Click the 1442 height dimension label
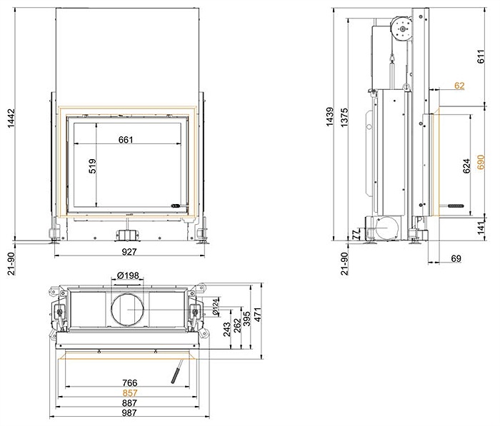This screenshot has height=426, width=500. (11, 118)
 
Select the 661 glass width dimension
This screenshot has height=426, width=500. (125, 140)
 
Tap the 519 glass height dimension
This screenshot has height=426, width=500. (92, 166)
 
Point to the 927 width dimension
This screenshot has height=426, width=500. (129, 252)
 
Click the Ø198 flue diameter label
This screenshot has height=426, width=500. (128, 275)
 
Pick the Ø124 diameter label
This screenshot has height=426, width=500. (216, 307)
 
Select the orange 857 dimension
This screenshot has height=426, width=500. (129, 393)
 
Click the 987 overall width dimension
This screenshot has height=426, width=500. (129, 413)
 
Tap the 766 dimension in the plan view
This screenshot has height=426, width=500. (129, 382)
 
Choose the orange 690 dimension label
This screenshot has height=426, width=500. (481, 162)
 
